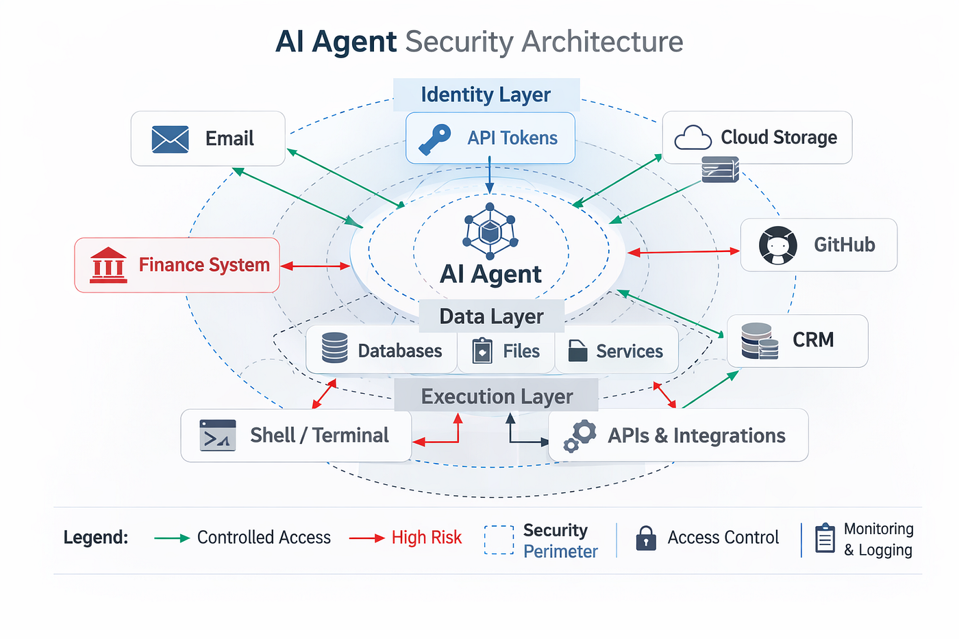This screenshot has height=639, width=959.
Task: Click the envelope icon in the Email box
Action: (x=170, y=139)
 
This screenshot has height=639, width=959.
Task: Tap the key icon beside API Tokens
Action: (x=435, y=139)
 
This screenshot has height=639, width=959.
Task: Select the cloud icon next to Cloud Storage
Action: (x=693, y=137)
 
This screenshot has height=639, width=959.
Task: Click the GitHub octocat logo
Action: (x=777, y=245)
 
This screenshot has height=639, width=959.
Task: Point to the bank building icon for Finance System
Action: (x=108, y=266)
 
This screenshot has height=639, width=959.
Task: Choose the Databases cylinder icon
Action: (x=335, y=347)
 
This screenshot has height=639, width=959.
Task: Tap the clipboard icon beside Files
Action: (x=482, y=351)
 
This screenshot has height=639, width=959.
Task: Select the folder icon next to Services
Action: (x=577, y=351)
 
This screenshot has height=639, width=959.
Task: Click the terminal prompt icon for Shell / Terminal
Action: (x=217, y=436)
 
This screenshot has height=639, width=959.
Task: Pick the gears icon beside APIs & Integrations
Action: (x=580, y=436)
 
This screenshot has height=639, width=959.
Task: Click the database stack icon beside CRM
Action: (x=760, y=341)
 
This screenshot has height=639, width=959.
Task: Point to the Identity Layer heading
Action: (x=486, y=95)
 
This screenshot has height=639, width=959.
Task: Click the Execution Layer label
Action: (x=497, y=397)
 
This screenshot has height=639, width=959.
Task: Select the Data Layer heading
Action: (x=491, y=316)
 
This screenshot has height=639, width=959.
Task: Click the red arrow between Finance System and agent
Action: (x=315, y=266)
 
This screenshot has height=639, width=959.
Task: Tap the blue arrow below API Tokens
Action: (x=489, y=175)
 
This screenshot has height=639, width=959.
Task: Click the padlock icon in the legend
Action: (x=646, y=538)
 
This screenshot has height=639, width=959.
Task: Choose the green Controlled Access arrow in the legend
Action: (x=172, y=538)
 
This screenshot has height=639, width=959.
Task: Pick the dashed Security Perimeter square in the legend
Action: (x=499, y=540)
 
